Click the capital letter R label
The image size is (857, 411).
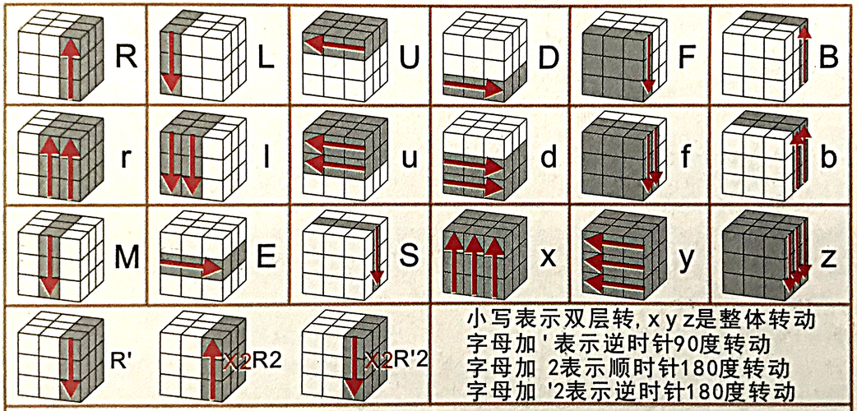(127, 58)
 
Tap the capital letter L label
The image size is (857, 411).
(265, 58)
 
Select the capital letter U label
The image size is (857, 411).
(409, 58)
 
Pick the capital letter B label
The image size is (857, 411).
(828, 58)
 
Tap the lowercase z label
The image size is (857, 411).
(828, 260)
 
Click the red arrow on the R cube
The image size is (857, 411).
(69, 69)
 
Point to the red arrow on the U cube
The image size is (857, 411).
(334, 45)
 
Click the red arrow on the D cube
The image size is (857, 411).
(473, 86)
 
